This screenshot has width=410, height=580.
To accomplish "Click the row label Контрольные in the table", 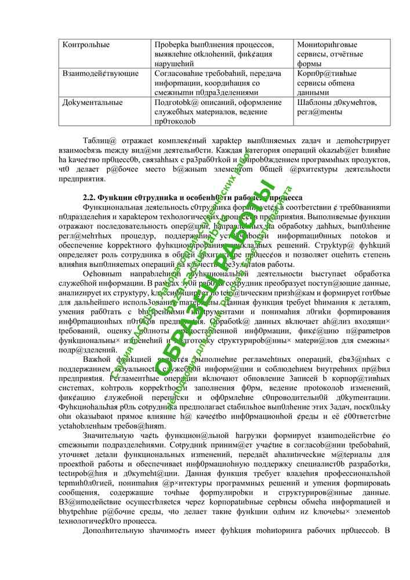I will (86, 45).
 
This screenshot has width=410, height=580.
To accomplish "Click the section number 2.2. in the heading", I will (89, 198).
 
